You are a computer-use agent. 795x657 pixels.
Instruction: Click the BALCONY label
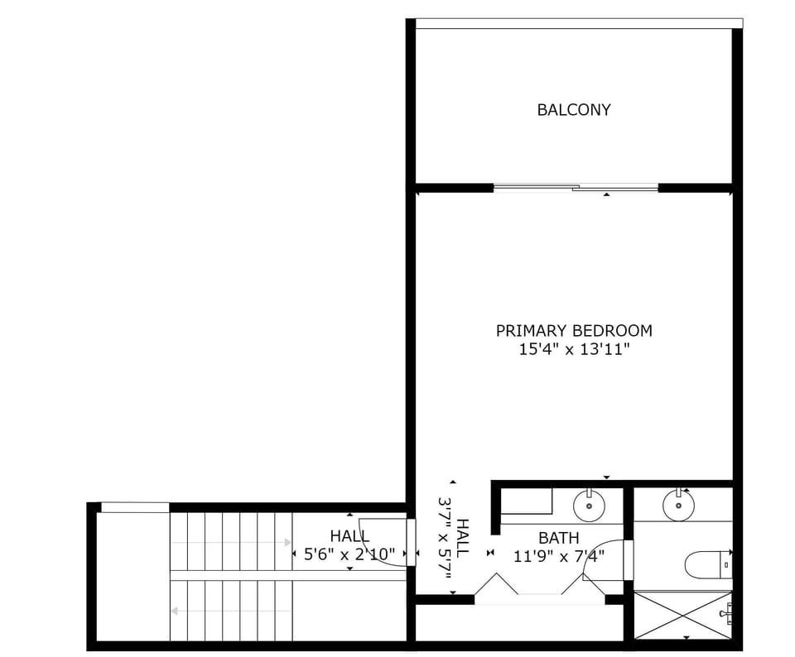(x=573, y=109)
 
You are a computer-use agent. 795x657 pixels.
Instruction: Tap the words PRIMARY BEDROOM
(x=573, y=330)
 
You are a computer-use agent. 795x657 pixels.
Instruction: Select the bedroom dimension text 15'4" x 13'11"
(x=573, y=350)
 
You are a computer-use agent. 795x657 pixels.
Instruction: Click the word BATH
(x=558, y=539)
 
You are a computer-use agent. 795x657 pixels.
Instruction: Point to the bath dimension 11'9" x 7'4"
(x=558, y=556)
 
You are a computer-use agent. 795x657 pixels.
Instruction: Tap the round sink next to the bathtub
(x=589, y=504)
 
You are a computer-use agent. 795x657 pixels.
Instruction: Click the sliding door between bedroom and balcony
(x=576, y=188)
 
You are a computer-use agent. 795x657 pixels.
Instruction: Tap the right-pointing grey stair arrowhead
(x=287, y=543)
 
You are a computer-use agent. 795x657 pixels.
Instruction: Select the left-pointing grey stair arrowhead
(x=175, y=611)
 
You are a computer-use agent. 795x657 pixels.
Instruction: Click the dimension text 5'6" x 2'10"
(x=349, y=555)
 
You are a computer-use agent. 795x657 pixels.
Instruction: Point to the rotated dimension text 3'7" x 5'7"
(x=454, y=538)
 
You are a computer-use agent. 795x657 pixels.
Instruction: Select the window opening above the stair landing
(x=135, y=507)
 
